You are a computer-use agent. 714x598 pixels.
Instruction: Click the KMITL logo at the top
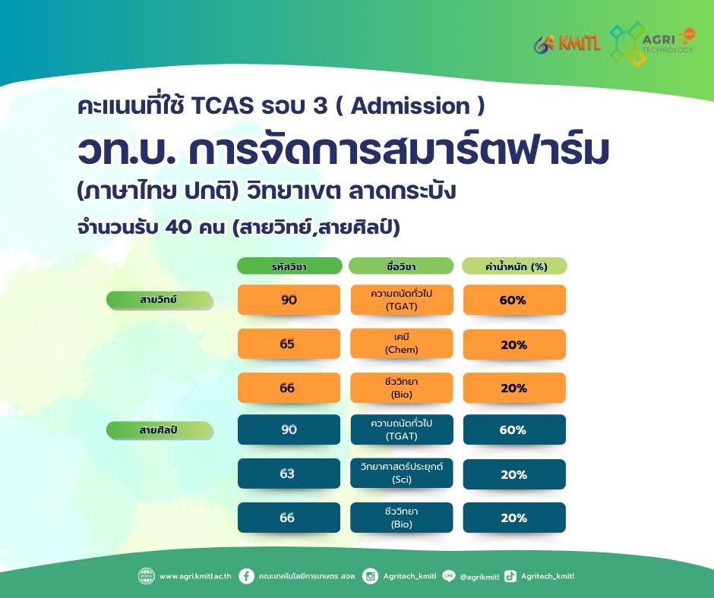[x=567, y=44]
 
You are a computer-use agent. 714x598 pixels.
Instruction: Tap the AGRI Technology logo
[x=652, y=43]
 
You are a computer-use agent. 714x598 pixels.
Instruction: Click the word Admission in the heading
[x=410, y=106]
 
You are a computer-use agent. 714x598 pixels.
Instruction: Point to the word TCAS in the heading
[x=223, y=106]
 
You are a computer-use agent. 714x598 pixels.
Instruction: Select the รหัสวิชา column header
[x=289, y=266]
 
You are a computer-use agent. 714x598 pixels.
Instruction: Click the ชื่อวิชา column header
[x=401, y=266]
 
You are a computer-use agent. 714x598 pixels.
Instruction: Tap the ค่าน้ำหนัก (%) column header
[x=514, y=266]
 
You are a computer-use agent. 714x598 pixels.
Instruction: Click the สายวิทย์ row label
[x=160, y=300]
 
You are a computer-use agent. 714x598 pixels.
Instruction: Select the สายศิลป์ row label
[x=160, y=430]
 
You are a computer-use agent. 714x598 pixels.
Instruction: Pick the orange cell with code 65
[x=289, y=344]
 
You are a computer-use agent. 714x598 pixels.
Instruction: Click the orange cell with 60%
[x=514, y=300]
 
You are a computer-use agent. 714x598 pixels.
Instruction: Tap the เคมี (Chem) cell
[x=402, y=344]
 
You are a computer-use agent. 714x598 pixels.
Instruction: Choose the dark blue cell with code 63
[x=289, y=474]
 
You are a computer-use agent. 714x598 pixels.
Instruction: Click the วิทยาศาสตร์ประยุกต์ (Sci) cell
[x=402, y=474]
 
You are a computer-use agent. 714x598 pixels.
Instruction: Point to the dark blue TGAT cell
[x=402, y=430]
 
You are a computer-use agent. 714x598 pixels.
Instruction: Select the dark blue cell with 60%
[x=514, y=430]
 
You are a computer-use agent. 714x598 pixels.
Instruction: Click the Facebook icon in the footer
[x=246, y=576]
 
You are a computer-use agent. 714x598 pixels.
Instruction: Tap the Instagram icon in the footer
[x=370, y=576]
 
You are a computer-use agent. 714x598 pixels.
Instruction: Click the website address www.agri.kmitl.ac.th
[x=195, y=576]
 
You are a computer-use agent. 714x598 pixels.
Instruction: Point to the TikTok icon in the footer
[x=510, y=576]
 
